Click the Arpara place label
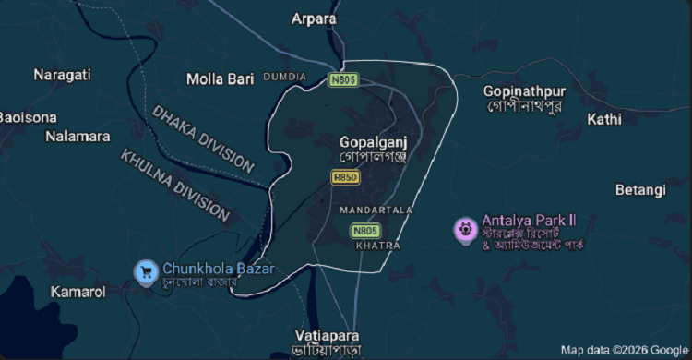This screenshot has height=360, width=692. [314, 18]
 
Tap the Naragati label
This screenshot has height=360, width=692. [62, 75]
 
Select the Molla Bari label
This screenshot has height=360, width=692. [220, 79]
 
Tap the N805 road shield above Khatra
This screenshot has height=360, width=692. [364, 230]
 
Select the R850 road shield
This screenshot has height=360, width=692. [345, 176]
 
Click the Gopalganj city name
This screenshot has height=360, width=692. [373, 143]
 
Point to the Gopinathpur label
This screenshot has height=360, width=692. [524, 91]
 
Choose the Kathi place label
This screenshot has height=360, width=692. [604, 119]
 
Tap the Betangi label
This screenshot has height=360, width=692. [639, 190]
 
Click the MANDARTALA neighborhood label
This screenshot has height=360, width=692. [376, 210]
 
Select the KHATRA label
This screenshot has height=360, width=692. [378, 246]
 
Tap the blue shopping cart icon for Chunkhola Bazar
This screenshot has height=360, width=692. [145, 270]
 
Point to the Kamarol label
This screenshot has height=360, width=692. [78, 292]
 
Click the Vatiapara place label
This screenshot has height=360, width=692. [328, 335]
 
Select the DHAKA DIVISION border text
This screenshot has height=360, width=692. [203, 138]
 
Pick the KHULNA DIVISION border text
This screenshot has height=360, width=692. [174, 185]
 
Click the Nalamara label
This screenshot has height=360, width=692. [78, 137]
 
